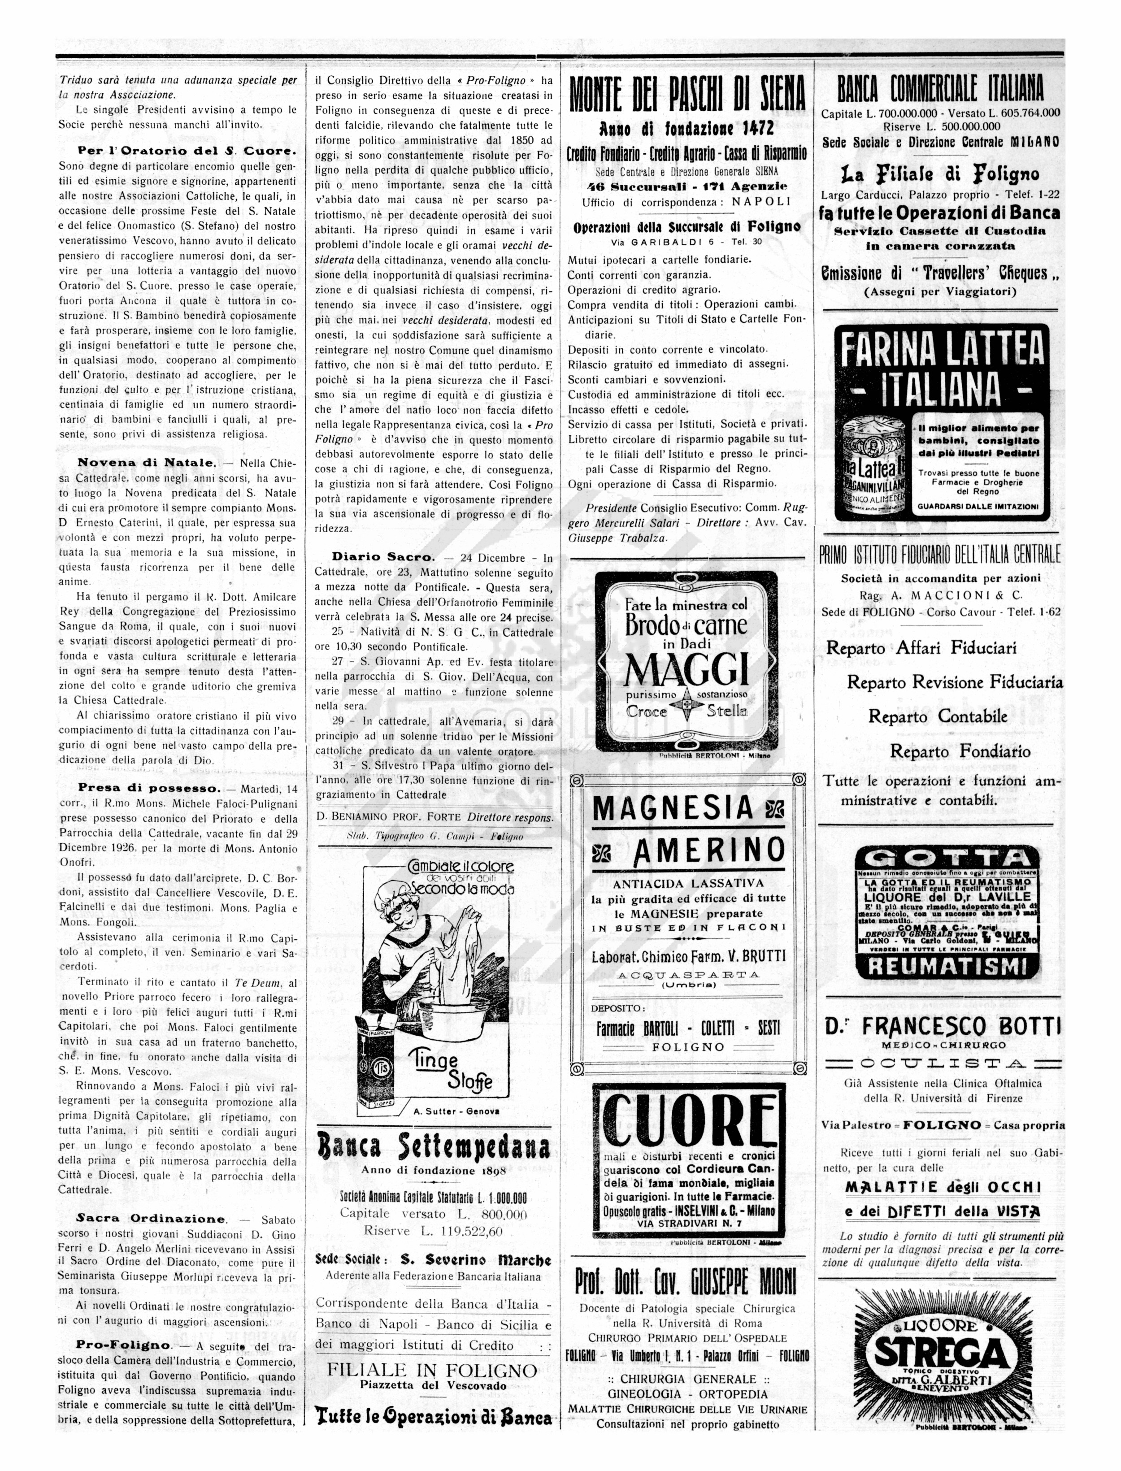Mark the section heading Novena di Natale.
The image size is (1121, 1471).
(x=147, y=462)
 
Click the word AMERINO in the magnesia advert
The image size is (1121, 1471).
(x=708, y=850)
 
